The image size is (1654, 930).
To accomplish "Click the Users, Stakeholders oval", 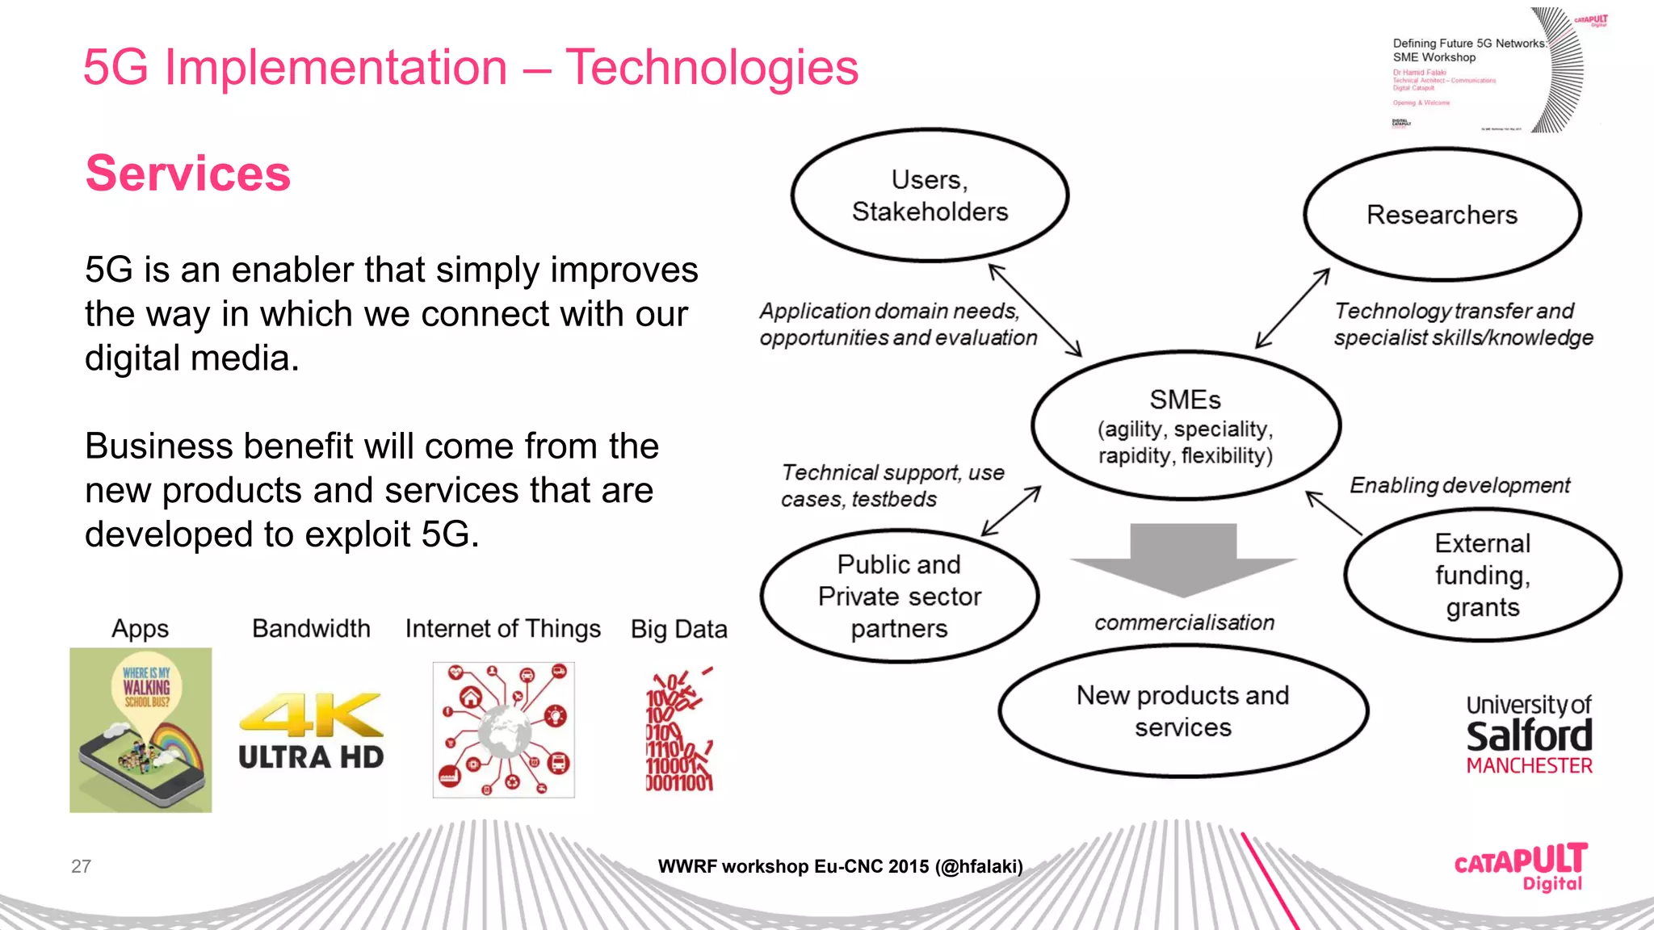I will pyautogui.click(x=930, y=195).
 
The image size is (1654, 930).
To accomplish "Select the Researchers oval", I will pyautogui.click(x=1442, y=215).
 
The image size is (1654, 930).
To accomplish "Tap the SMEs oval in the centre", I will pyautogui.click(x=1185, y=425).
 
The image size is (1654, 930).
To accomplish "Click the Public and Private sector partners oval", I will pyautogui.click(x=899, y=596).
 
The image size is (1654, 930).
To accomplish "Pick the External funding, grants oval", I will pyautogui.click(x=1482, y=575).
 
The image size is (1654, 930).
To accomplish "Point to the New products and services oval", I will pyautogui.click(x=1182, y=710).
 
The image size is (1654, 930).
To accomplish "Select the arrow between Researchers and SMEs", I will pyautogui.click(x=1292, y=308).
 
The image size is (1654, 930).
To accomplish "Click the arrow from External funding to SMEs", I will pyautogui.click(x=1333, y=513).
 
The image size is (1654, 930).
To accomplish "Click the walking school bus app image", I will pyautogui.click(x=141, y=730).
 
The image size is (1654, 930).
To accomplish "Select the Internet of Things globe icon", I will pyautogui.click(x=503, y=730).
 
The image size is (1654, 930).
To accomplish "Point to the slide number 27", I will pyautogui.click(x=81, y=866).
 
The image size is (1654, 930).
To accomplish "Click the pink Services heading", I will pyautogui.click(x=187, y=173).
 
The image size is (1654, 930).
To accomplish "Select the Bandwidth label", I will pyautogui.click(x=311, y=628).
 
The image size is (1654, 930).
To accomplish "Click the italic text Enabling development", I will pyautogui.click(x=1459, y=485).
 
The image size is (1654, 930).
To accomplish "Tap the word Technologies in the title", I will pyautogui.click(x=712, y=67).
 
